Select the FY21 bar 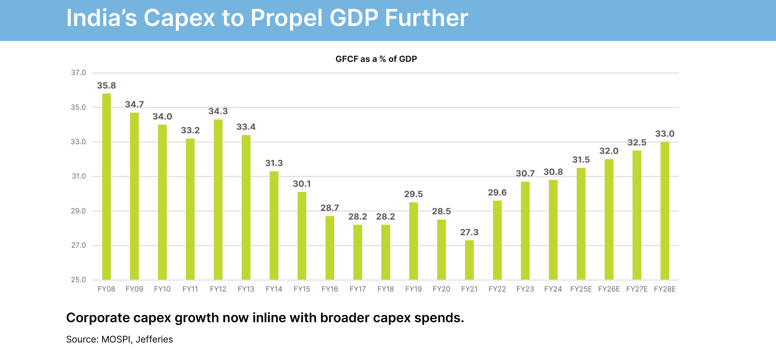coord(469,260)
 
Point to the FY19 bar coord(413,241)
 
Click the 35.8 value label coord(106,85)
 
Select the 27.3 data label coord(469,232)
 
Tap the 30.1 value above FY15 coord(302,184)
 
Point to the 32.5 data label coord(637,143)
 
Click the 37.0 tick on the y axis coord(78,73)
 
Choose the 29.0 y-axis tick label coord(78,211)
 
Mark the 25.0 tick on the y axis coord(78,280)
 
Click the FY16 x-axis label coord(329,289)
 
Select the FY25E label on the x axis coord(581,289)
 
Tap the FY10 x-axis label coord(162,289)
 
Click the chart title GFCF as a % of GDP coord(376,59)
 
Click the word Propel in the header coord(287,18)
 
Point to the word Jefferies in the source coord(154,339)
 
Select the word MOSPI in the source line coord(116,339)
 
